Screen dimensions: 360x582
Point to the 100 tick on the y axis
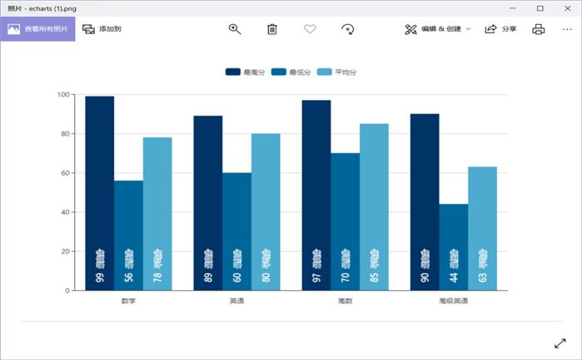[x=63, y=94]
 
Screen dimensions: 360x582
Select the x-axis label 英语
[x=236, y=301]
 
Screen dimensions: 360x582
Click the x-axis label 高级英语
[x=453, y=301]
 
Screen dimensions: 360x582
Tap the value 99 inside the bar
[x=100, y=277]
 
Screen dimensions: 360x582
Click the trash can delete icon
[x=271, y=29]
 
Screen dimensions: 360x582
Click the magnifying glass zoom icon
[x=235, y=29]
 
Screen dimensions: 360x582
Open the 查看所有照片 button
[x=37, y=29]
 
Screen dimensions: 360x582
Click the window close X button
[x=566, y=7]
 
